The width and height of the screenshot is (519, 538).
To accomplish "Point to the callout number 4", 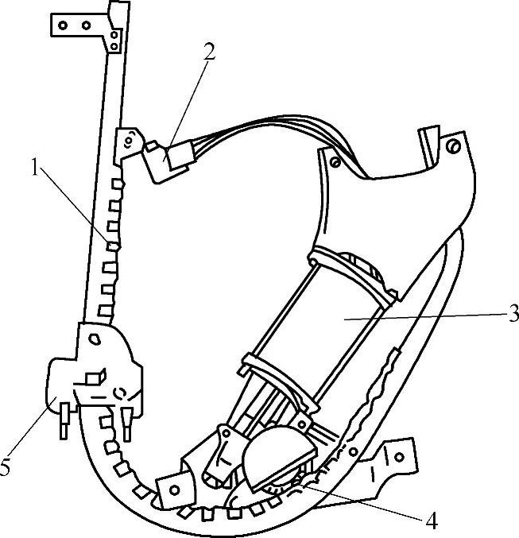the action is pyautogui.click(x=431, y=522).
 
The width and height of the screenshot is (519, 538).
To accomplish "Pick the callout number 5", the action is pyautogui.click(x=6, y=467).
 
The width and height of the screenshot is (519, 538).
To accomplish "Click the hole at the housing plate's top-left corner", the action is pyautogui.click(x=335, y=162).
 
